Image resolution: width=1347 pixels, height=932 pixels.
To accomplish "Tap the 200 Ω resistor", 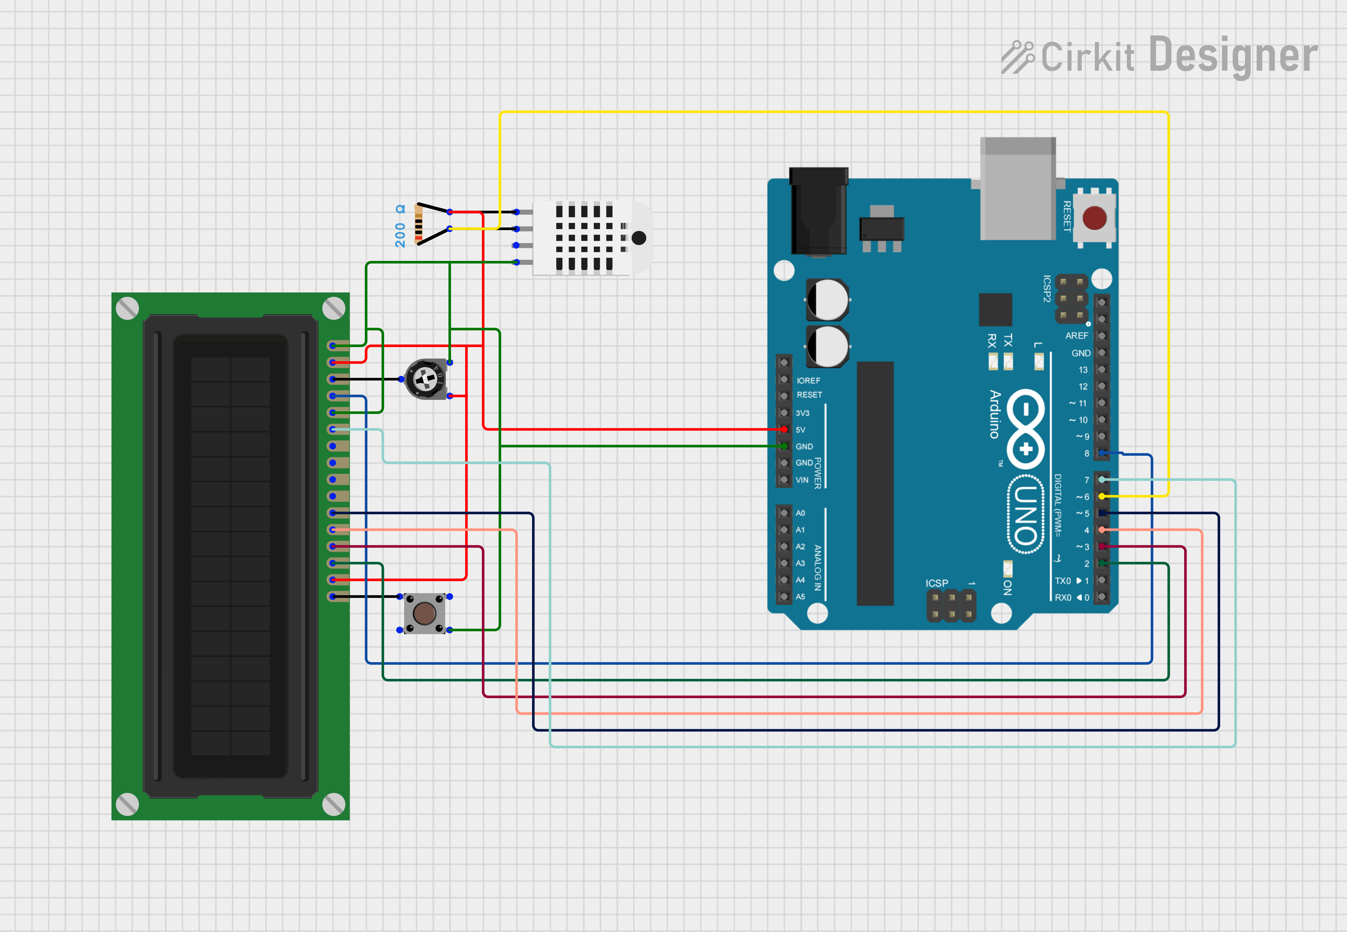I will (x=418, y=225).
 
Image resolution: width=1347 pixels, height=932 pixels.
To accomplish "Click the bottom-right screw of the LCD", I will (x=333, y=804).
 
